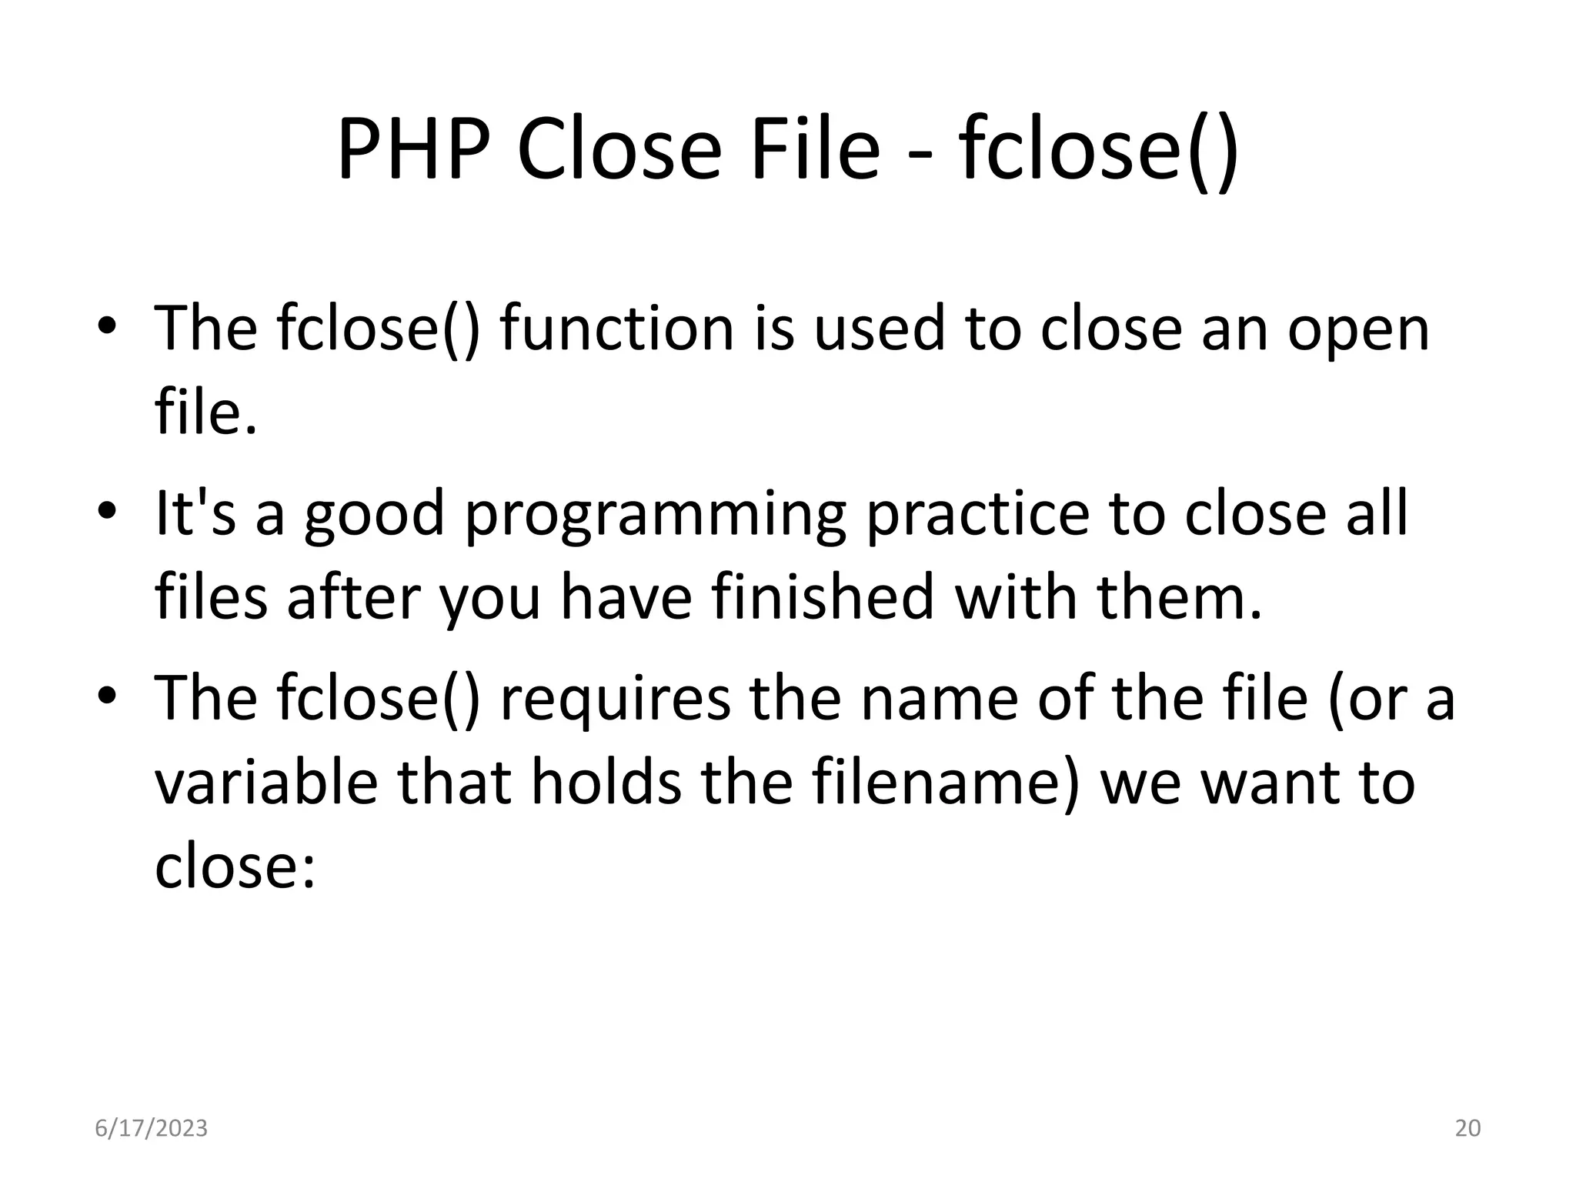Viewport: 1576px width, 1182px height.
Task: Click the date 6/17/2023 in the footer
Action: [x=151, y=1128]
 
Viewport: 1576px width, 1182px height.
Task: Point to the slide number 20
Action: [x=1467, y=1128]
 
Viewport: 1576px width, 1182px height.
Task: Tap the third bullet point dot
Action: [x=107, y=695]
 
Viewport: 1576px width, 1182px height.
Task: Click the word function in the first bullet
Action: [x=616, y=328]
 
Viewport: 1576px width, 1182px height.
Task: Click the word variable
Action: [x=266, y=782]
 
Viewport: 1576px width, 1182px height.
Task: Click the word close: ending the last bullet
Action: [x=235, y=866]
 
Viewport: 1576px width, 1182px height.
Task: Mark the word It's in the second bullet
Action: [x=195, y=513]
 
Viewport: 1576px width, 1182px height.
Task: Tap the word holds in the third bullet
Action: [x=606, y=782]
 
